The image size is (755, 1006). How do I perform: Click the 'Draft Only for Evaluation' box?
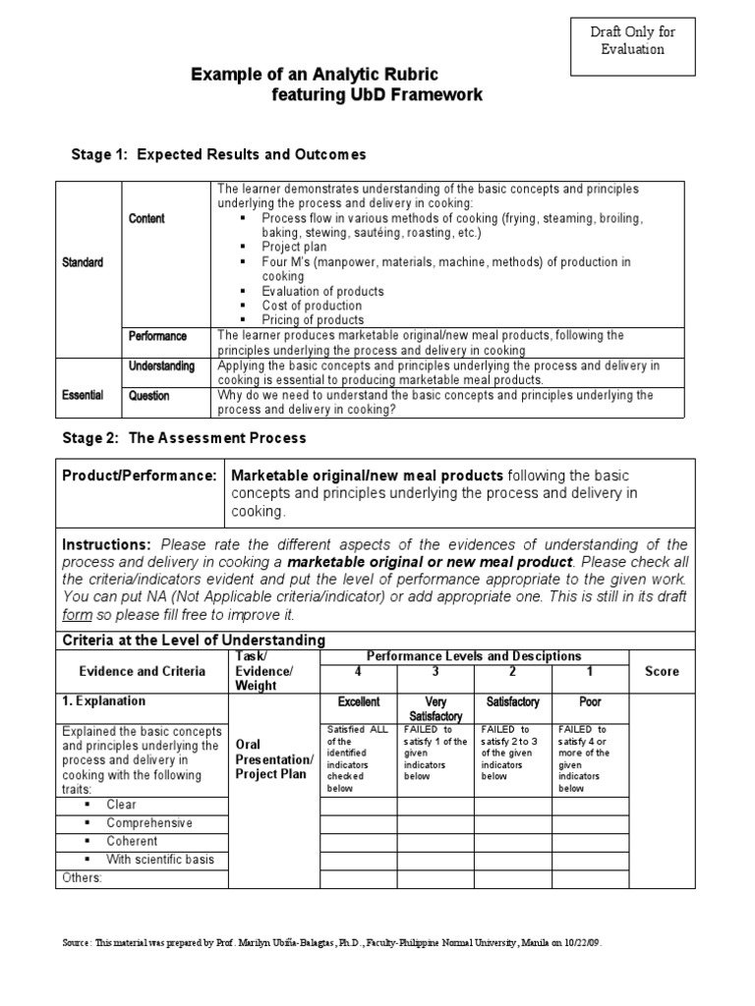click(x=632, y=40)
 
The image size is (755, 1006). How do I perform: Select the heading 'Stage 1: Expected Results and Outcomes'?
click(x=219, y=154)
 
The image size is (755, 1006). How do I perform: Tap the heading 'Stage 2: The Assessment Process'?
click(x=190, y=437)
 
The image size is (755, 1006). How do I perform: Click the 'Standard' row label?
click(x=84, y=263)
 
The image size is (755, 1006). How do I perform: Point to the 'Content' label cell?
click(x=147, y=218)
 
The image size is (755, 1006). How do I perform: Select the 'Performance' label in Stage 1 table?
click(x=157, y=336)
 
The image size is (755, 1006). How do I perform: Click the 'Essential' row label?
click(x=84, y=395)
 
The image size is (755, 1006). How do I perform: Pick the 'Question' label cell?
click(x=148, y=396)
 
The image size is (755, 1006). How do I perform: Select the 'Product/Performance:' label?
click(x=140, y=475)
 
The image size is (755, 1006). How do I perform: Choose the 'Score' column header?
click(x=662, y=671)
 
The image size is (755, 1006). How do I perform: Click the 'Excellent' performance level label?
click(x=358, y=702)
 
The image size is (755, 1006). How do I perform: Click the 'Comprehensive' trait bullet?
click(x=149, y=823)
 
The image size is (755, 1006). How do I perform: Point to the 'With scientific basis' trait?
click(x=160, y=860)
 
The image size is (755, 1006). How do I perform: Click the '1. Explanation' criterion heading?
click(x=103, y=701)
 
